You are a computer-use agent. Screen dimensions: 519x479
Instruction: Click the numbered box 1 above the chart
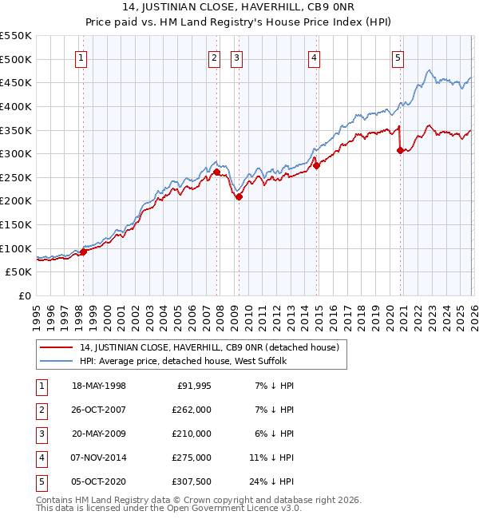pyautogui.click(x=82, y=57)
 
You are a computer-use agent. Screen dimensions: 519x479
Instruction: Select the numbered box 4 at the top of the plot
pyautogui.click(x=315, y=57)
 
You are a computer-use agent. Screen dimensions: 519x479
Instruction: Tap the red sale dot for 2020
pyautogui.click(x=400, y=150)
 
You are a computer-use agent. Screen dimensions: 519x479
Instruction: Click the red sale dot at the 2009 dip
pyautogui.click(x=239, y=196)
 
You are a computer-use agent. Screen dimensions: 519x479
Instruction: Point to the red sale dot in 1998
pyautogui.click(x=83, y=252)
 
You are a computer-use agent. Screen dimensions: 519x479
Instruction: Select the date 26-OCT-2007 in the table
pyautogui.click(x=99, y=410)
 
